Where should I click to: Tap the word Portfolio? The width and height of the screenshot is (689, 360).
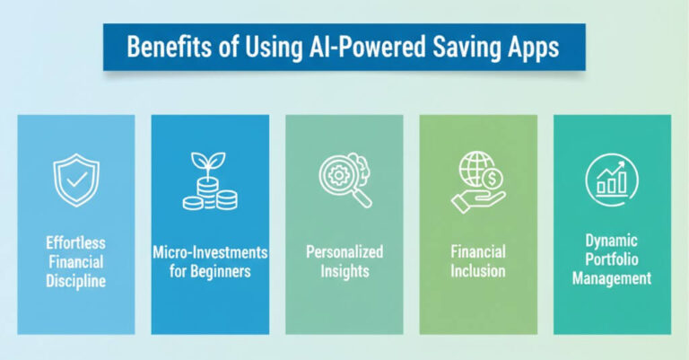click(x=613, y=260)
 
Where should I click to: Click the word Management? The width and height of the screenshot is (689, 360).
click(x=613, y=278)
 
